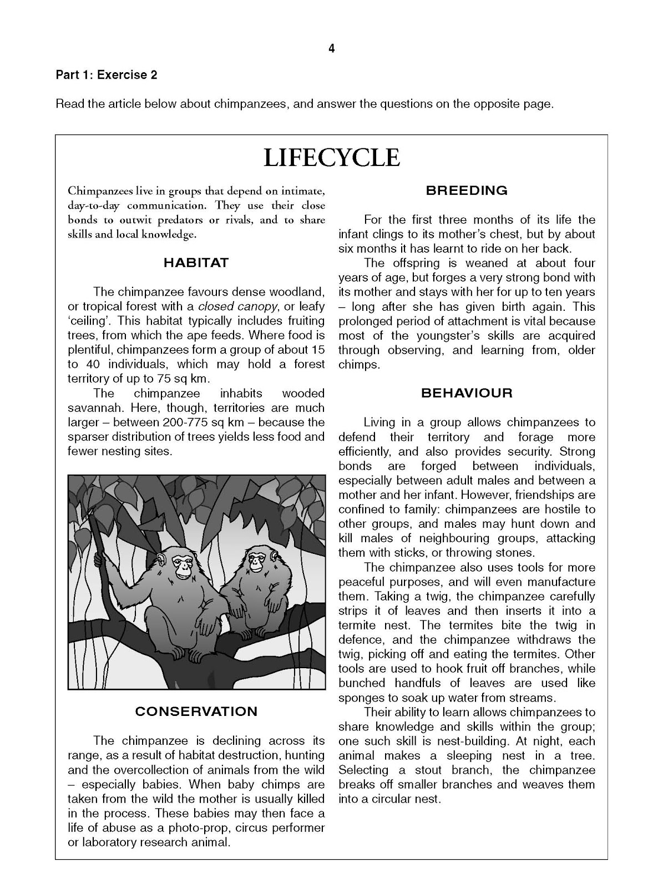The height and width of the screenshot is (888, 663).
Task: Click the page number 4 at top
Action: [331, 49]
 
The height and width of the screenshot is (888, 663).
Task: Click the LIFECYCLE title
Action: [331, 158]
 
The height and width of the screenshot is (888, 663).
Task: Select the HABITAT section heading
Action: [196, 263]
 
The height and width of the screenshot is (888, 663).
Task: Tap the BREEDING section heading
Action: [467, 190]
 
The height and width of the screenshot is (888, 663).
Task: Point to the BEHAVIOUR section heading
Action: [467, 393]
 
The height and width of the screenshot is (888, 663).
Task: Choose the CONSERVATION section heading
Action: [196, 712]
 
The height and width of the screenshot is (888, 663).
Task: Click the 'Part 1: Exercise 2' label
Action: [106, 75]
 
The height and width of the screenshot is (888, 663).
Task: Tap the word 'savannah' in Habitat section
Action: [90, 408]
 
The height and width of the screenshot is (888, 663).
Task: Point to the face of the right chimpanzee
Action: [256, 562]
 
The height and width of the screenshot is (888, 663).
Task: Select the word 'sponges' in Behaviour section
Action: [361, 698]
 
